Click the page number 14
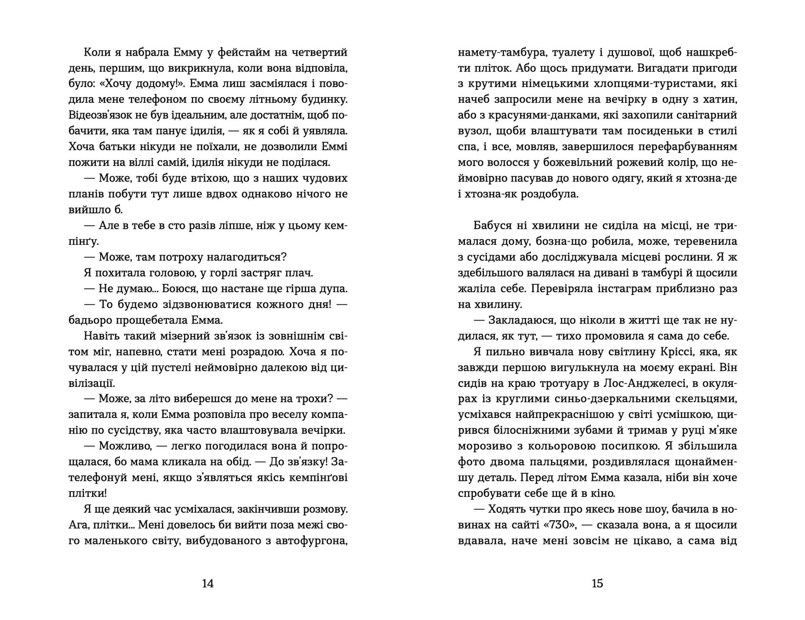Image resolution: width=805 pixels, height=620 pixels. coord(208,584)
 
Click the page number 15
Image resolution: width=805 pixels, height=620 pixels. coord(597,584)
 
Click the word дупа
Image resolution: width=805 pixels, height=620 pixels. coord(333,289)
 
